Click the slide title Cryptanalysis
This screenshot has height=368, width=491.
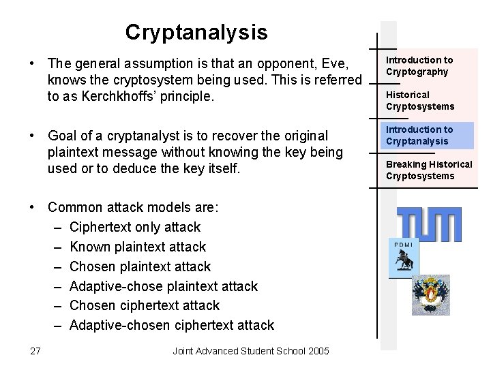(196, 32)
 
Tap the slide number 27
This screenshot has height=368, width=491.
(35, 351)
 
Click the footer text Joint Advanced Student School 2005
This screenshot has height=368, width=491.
(250, 351)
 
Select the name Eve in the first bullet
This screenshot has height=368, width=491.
(336, 63)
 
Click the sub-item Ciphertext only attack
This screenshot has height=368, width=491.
(135, 227)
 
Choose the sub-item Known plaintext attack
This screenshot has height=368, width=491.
(137, 247)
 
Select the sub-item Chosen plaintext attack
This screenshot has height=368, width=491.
(140, 266)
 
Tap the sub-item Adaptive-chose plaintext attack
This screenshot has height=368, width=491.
(164, 286)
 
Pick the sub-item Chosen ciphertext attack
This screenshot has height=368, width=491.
(145, 305)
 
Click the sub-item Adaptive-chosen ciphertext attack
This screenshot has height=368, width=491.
(172, 325)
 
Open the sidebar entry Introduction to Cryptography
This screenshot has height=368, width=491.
(419, 66)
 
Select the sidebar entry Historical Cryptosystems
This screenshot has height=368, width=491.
(419, 100)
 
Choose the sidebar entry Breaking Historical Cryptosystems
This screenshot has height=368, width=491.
(429, 170)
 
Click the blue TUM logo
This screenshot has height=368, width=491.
(429, 224)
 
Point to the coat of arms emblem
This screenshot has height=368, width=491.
(431, 294)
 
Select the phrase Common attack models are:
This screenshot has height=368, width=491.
(132, 207)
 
